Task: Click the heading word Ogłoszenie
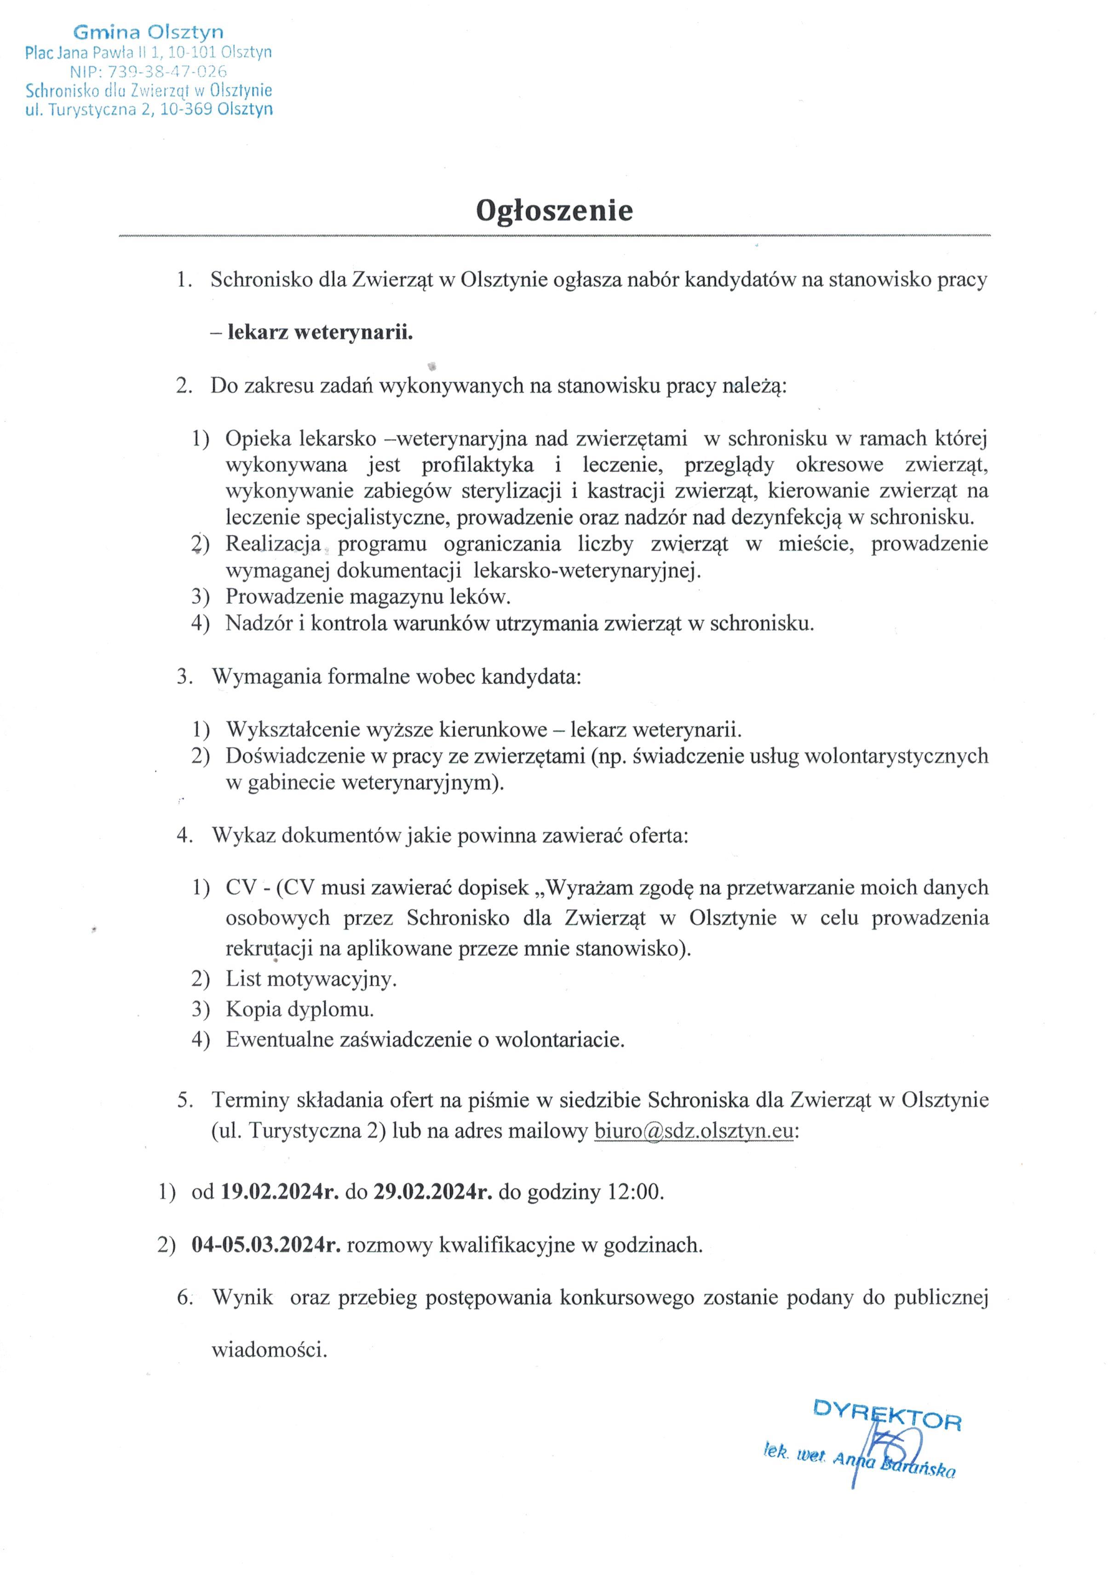coord(554,211)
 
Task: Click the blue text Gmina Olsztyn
coord(148,32)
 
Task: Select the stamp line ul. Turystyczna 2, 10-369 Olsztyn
coord(149,109)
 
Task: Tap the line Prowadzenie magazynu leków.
coord(368,596)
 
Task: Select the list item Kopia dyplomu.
coord(299,1010)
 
